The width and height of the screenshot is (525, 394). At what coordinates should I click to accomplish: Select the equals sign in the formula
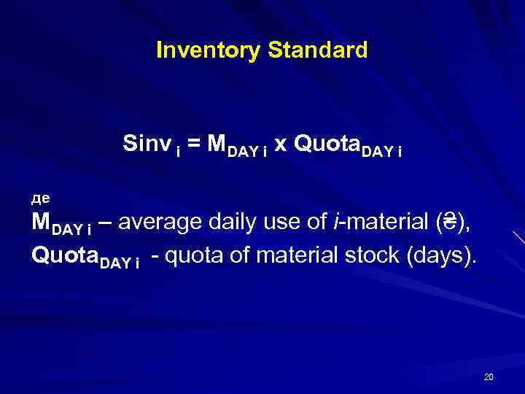196,144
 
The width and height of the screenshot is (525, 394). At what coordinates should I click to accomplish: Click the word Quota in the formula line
319,144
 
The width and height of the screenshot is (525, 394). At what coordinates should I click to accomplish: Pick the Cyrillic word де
40,197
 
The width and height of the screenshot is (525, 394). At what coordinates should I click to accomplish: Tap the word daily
225,223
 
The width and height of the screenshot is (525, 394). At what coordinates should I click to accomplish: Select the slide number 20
489,377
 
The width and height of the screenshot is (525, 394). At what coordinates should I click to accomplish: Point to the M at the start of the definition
42,223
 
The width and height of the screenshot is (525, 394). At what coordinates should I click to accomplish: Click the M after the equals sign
217,144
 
